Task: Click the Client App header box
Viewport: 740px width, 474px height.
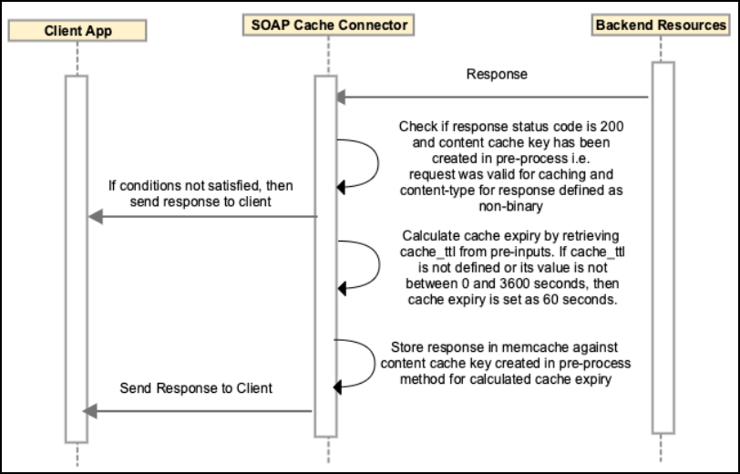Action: coord(77,31)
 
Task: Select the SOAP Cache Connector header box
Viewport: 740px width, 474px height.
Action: coord(328,25)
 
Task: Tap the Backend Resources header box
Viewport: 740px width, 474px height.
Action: coord(661,25)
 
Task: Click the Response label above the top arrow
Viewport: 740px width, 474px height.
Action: coord(497,74)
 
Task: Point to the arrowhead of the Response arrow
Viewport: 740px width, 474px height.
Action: coord(341,98)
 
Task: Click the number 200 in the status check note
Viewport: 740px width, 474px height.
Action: coord(612,127)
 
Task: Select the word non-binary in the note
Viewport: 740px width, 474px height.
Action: coord(510,206)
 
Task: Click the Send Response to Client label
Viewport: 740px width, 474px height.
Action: coord(196,388)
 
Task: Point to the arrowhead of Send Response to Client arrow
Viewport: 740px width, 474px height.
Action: coord(90,411)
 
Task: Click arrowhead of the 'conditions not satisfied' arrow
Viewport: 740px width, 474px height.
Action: coord(96,217)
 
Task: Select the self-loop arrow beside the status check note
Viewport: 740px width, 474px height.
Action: coord(378,163)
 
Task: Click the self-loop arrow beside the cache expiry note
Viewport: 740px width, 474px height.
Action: coord(379,265)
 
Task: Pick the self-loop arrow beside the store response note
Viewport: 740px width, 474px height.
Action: coord(375,364)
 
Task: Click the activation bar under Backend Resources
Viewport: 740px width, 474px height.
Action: coord(663,247)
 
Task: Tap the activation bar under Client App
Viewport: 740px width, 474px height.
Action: coord(77,259)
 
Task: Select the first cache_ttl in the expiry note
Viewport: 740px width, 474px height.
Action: coord(421,252)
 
